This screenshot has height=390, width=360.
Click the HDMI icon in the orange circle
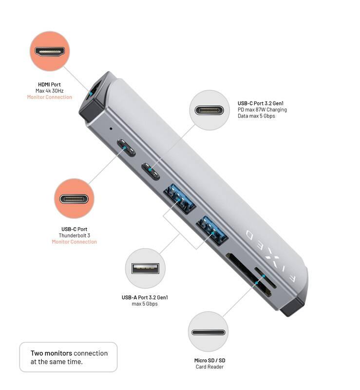(x=50, y=51)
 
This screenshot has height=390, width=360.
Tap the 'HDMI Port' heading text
(x=49, y=84)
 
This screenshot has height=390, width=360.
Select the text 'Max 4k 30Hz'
(x=49, y=91)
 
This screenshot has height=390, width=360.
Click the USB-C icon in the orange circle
(x=74, y=199)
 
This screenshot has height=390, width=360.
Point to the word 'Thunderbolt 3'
(x=74, y=235)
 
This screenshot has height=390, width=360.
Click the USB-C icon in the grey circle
(x=208, y=110)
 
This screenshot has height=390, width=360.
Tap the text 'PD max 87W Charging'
(x=262, y=110)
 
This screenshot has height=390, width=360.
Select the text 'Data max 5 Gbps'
(x=257, y=116)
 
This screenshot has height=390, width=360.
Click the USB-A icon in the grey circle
(x=145, y=268)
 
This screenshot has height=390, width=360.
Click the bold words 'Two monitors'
(x=51, y=353)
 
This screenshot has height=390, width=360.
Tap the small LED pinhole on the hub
(x=111, y=129)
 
